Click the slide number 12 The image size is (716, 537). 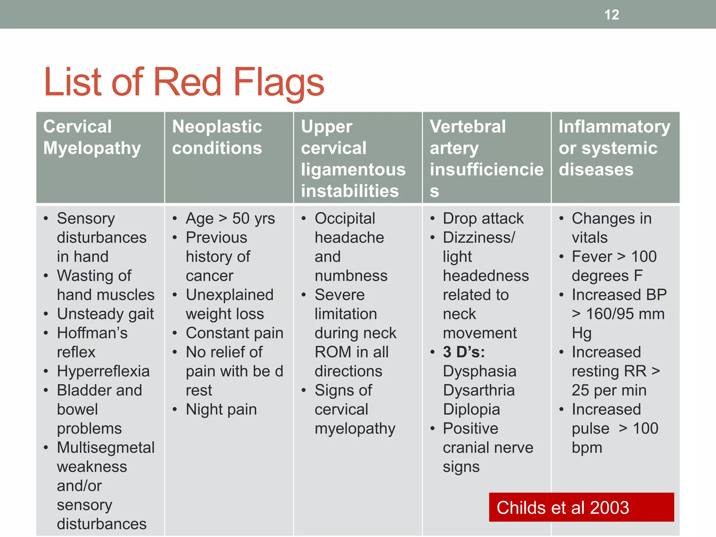click(x=611, y=15)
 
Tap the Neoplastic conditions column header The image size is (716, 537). click(x=217, y=137)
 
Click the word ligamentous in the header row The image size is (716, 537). click(x=353, y=170)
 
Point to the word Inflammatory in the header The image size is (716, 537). click(x=614, y=127)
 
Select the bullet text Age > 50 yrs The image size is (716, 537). click(x=230, y=219)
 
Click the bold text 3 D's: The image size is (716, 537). click(x=464, y=352)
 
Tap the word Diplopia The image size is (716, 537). click(x=471, y=409)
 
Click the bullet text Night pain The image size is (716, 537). click(x=221, y=409)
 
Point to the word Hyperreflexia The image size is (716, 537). click(x=103, y=371)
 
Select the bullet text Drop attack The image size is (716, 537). click(x=483, y=219)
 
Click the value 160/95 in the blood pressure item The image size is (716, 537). click(x=610, y=314)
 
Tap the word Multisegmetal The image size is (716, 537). click(x=106, y=448)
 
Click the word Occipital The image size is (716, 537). click(x=345, y=219)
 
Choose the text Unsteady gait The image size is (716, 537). click(x=105, y=314)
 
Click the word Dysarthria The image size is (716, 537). click(x=479, y=390)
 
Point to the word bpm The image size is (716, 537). click(x=587, y=448)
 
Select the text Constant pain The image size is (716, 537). click(x=234, y=333)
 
